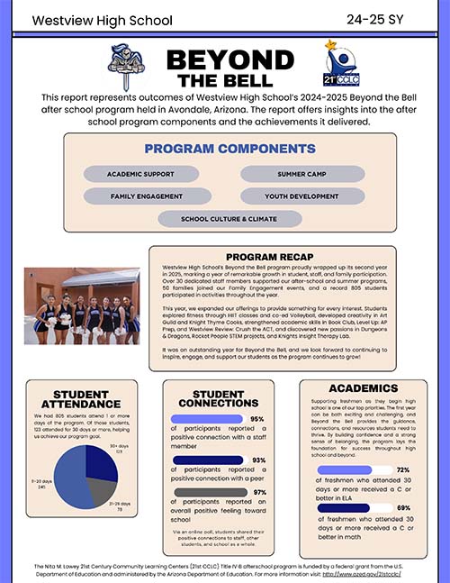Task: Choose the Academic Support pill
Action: pyautogui.click(x=140, y=173)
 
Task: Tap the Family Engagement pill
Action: pyautogui.click(x=140, y=196)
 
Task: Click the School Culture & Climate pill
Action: pyautogui.click(x=229, y=218)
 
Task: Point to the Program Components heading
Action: pyautogui.click(x=229, y=149)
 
